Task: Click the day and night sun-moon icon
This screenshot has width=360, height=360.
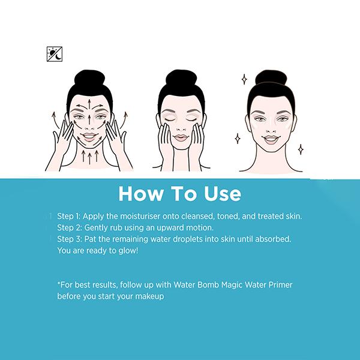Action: [x=55, y=54]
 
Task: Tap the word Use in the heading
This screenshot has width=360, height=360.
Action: [x=223, y=194]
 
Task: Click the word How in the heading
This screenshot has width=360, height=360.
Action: [x=141, y=194]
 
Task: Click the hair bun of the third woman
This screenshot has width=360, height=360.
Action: [x=271, y=77]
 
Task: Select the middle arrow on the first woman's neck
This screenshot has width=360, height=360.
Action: [x=90, y=157]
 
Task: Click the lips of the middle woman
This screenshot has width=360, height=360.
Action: [x=181, y=138]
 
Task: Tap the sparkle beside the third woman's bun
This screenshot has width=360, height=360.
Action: [x=245, y=79]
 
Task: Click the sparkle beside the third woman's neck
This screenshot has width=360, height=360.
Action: [x=301, y=149]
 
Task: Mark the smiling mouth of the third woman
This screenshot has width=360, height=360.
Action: [x=271, y=139]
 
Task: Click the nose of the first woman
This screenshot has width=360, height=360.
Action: [x=89, y=128]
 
